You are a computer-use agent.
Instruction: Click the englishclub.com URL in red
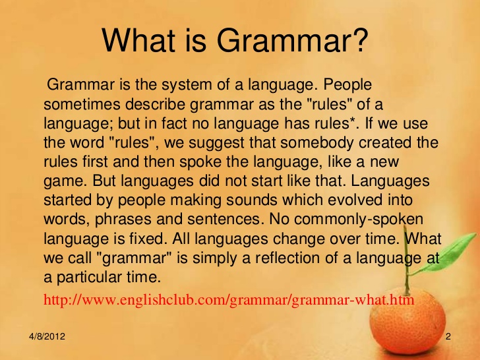click(x=229, y=300)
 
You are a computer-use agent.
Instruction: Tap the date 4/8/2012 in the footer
click(x=47, y=337)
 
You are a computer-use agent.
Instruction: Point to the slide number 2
click(x=448, y=337)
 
